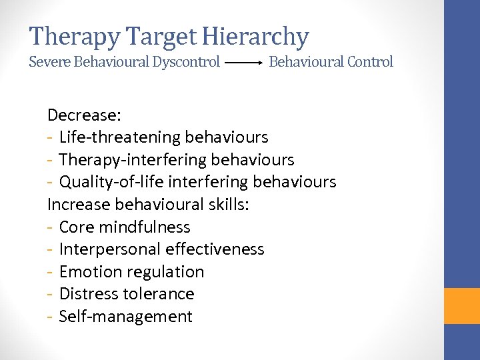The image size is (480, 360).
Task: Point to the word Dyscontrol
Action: click(x=187, y=62)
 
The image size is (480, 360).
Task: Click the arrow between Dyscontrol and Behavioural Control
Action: click(x=244, y=63)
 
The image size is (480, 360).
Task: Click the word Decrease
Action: click(x=84, y=115)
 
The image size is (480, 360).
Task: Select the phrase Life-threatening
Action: click(x=110, y=137)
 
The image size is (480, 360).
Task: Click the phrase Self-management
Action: click(x=125, y=317)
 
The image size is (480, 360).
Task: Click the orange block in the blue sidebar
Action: click(x=462, y=306)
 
